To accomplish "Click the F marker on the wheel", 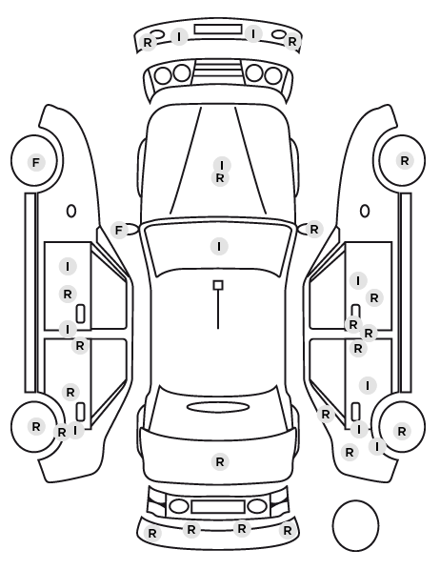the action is point(35,162).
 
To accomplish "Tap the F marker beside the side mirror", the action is point(119,230).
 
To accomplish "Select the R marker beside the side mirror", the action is point(314,230).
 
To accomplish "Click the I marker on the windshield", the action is point(219,247).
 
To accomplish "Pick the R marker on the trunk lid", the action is point(220,462).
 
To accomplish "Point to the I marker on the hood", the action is point(222,166).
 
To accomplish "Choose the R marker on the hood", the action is point(220,178).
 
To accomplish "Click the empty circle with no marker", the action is point(355,525).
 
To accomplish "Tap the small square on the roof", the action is point(218,285).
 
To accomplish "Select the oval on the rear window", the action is point(218,408).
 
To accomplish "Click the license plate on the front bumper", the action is point(218,30).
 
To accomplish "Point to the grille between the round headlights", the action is point(218,71).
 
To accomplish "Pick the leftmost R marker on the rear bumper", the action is point(152,533).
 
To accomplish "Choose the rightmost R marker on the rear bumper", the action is point(288,531).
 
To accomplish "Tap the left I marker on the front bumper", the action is point(179,37).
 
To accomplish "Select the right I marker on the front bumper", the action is point(253,34).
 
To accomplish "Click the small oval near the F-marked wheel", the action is point(71,211).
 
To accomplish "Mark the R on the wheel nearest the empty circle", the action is point(402,432).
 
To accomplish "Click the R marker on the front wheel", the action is point(405,161).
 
